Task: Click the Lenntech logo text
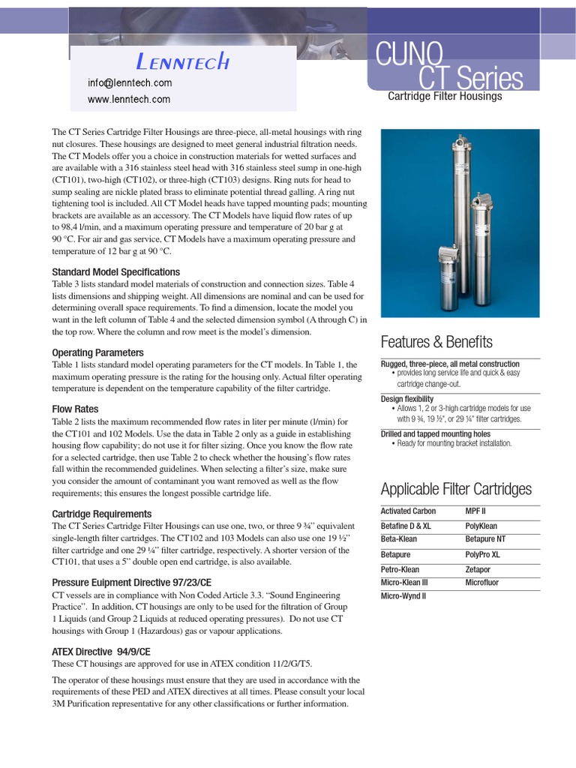point(183,61)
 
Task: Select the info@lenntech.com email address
point(130,83)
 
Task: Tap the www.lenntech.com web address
point(128,99)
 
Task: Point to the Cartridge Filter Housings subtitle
point(445,97)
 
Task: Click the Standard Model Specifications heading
point(115,272)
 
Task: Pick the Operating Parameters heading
point(97,352)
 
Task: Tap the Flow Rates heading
point(75,409)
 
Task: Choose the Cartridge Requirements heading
point(101,514)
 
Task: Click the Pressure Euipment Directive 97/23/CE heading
point(131,583)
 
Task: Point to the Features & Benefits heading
point(436,343)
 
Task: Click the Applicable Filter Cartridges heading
point(456,490)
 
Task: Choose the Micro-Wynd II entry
point(403,596)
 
